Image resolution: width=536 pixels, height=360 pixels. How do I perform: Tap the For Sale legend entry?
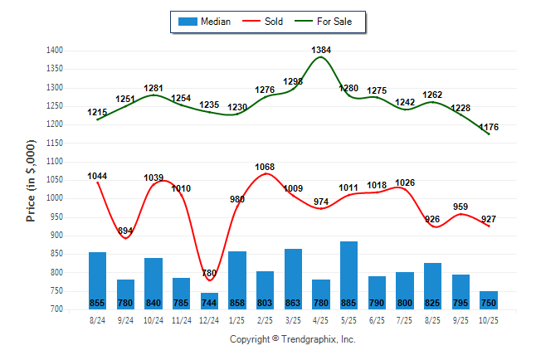pos(329,22)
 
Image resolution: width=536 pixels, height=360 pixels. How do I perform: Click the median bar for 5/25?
pos(349,275)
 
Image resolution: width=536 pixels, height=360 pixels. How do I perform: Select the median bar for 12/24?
pos(210,300)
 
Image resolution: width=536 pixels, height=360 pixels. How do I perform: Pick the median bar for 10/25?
pos(489,299)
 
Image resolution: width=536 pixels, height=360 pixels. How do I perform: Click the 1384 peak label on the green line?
pos(321,51)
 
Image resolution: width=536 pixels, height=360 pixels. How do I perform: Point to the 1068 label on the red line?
pos(264,167)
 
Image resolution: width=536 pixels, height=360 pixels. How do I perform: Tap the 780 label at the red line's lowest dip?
pos(210,273)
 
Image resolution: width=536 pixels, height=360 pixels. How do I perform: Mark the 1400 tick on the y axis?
pos(54,51)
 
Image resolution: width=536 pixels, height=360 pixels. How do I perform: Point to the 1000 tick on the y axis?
pos(54,198)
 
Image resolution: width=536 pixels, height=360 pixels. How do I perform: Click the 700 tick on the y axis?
pos(56,309)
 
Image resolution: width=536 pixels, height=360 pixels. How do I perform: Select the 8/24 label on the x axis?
pos(97,319)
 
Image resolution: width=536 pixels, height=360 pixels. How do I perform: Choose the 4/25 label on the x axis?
pos(321,319)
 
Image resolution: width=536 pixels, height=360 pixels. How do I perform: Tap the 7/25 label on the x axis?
pos(405,319)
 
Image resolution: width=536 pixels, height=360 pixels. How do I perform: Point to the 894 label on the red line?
pos(124,231)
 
